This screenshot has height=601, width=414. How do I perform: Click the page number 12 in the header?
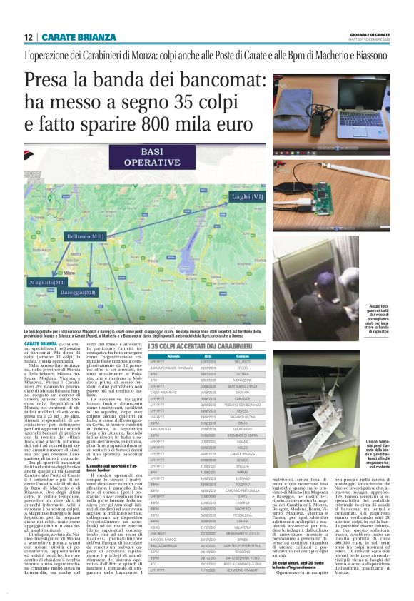(x=27, y=37)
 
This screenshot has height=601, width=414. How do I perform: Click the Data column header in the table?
(x=208, y=355)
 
